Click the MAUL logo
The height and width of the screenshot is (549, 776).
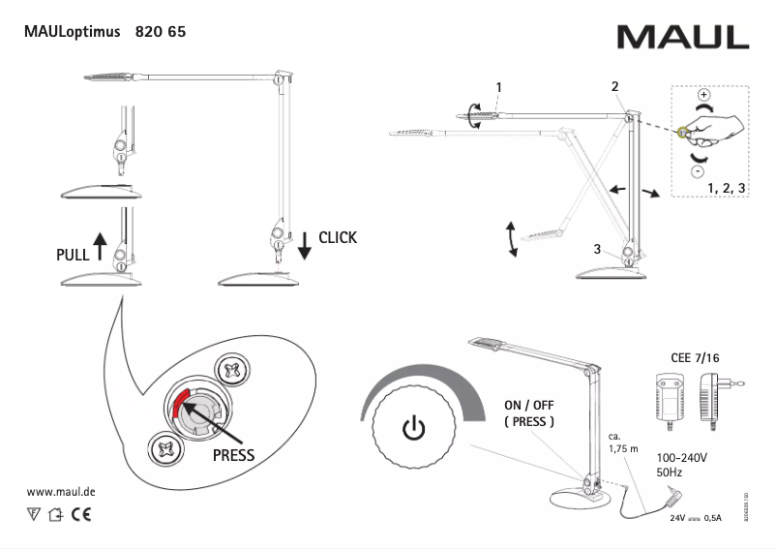tap(682, 36)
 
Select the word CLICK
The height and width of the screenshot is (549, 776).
tap(337, 237)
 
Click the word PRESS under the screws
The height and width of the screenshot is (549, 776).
tap(232, 454)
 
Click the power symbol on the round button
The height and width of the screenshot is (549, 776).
tap(412, 427)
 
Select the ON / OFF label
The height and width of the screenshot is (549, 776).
tap(528, 406)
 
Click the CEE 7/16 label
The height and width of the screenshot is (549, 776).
tap(695, 357)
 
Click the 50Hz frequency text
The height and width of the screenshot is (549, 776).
tap(671, 473)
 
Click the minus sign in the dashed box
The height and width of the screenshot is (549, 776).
tap(696, 170)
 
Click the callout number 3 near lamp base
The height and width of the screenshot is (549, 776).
tap(598, 249)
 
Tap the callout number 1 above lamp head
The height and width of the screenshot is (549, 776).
tap(498, 87)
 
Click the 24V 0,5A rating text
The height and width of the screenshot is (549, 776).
tap(697, 518)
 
